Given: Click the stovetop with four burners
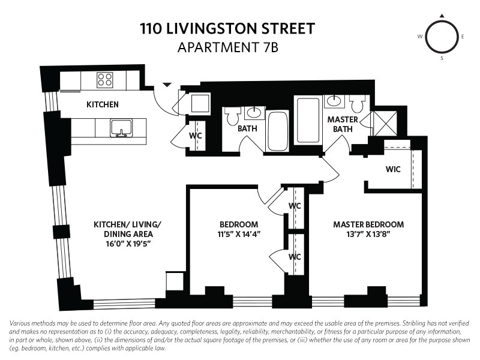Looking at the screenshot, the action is point(104,80).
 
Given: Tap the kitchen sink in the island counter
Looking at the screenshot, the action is point(122,128).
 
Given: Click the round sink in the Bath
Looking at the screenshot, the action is point(254,113).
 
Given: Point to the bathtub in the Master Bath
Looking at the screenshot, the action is point(308,121).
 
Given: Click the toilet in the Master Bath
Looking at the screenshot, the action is point(358,103).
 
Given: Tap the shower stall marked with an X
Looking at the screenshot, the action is point(385,124).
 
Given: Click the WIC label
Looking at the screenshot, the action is point(393,169).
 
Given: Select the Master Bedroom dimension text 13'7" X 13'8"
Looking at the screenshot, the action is point(368,234).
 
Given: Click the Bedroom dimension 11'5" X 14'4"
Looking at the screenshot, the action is point(239,234).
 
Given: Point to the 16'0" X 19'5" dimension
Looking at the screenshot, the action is point(128,244).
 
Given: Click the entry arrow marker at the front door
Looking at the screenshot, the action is point(167,85).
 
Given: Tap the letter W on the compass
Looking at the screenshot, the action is point(420,37).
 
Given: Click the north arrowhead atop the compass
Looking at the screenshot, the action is point(442,16).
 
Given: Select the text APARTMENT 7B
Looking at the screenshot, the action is point(228,48).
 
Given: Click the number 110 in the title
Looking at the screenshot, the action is point(151,28).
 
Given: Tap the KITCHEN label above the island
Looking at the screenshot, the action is point(102,104).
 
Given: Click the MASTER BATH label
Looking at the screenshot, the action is point(343,124).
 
